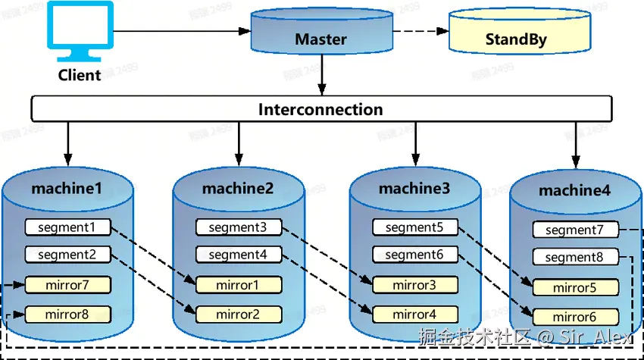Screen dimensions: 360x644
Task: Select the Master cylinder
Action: pyautogui.click(x=321, y=35)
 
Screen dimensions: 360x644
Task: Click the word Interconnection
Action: pyautogui.click(x=320, y=109)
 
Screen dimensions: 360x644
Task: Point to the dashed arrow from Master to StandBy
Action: pyautogui.click(x=420, y=31)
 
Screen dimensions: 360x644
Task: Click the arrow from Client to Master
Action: pyautogui.click(x=182, y=31)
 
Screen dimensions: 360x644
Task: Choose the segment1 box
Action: pyautogui.click(x=67, y=227)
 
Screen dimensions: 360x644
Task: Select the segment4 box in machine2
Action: pyautogui.click(x=238, y=255)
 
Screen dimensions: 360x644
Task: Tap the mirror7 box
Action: pyautogui.click(x=67, y=285)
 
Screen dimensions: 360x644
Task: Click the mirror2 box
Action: pyautogui.click(x=238, y=314)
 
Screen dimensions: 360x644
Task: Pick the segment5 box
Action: pyautogui.click(x=414, y=227)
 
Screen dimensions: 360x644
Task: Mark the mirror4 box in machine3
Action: pyautogui.click(x=414, y=314)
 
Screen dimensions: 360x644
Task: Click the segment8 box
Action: pyautogui.click(x=575, y=257)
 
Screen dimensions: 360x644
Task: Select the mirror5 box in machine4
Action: pyautogui.click(x=575, y=288)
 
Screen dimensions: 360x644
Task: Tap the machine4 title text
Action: pyautogui.click(x=574, y=191)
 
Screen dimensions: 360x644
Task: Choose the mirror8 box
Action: pyautogui.click(x=67, y=314)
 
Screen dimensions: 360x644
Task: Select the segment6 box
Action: pyautogui.click(x=414, y=255)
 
